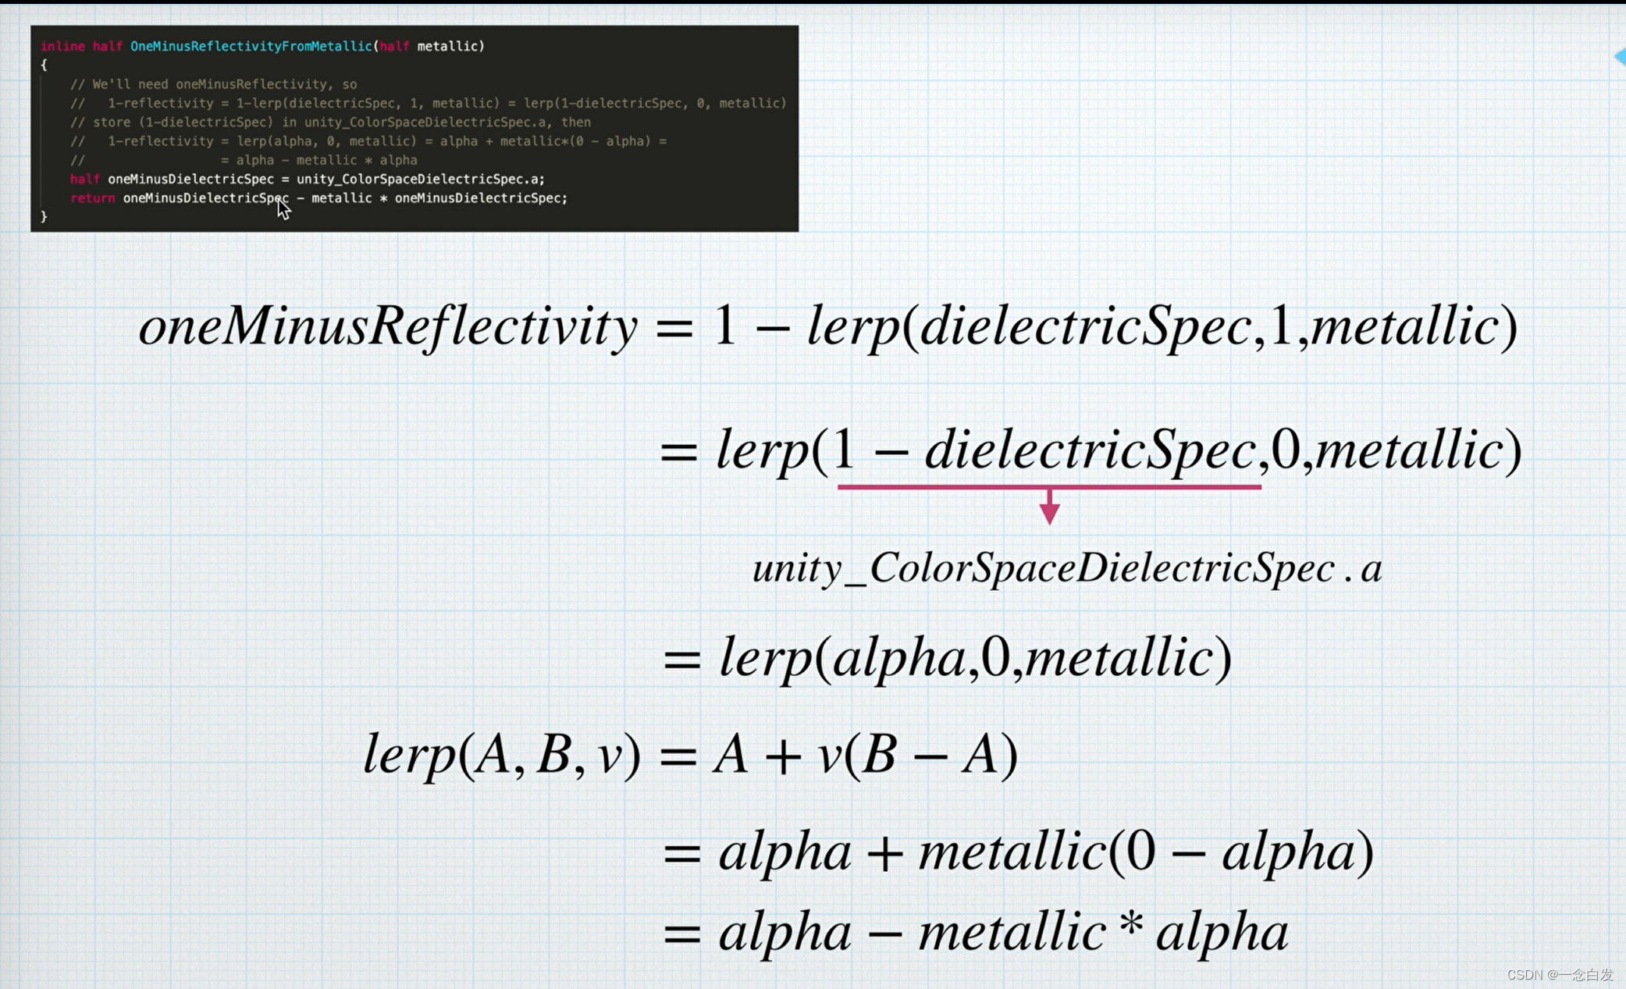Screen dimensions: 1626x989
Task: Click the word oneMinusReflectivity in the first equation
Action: point(388,326)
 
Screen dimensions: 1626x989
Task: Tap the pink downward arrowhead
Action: point(1050,513)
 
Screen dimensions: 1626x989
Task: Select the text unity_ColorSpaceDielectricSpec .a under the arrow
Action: point(1067,568)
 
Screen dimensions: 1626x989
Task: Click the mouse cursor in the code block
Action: point(283,208)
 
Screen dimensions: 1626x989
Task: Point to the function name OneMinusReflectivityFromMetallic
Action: point(251,46)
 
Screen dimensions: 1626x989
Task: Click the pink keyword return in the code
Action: point(92,198)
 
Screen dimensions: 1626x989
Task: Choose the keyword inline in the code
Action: point(62,46)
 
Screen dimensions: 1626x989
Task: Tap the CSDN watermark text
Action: point(1559,974)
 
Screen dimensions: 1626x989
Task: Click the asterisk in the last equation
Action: point(1130,924)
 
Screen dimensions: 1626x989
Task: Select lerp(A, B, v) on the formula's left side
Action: point(502,756)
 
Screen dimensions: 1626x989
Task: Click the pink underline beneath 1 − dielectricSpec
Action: point(1049,487)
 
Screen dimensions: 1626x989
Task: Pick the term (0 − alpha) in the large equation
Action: point(1241,852)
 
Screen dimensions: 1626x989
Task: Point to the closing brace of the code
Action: point(44,217)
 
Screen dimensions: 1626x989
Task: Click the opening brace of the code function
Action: point(44,66)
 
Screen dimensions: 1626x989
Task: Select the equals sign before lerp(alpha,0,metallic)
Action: point(681,660)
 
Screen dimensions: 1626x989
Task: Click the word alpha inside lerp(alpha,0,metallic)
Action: point(899,658)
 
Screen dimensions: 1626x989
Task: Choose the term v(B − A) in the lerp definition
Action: point(918,756)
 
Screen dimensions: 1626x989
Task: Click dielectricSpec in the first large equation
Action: point(1086,326)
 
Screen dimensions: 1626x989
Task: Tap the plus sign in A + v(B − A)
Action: point(784,757)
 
